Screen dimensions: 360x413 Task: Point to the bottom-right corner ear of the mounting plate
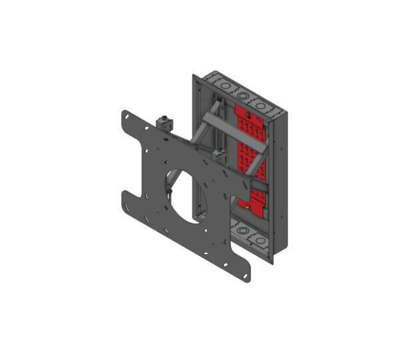pos(247,268)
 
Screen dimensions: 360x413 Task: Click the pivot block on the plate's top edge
pos(163,122)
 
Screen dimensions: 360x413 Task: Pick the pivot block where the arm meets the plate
pos(216,157)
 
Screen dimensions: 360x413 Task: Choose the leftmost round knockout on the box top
pos(221,86)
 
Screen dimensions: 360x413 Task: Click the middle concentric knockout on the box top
pos(240,95)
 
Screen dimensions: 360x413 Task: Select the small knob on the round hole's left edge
pos(170,193)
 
